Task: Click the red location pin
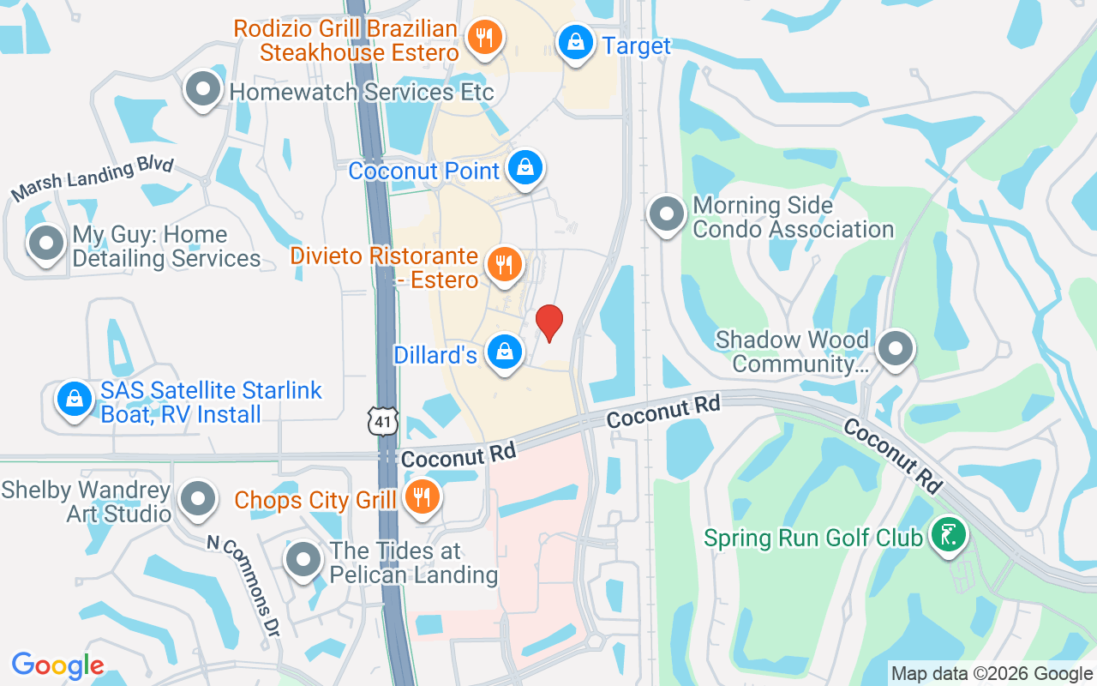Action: [x=548, y=322]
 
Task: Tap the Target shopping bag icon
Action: [x=577, y=41]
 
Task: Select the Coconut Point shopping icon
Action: [x=525, y=167]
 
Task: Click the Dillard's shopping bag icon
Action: [x=505, y=352]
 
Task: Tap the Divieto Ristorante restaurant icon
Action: [x=505, y=264]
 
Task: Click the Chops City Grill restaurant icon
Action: [x=421, y=496]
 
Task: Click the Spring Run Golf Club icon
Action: [x=948, y=535]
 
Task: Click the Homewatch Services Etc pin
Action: [x=203, y=89]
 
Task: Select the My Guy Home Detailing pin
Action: [x=46, y=244]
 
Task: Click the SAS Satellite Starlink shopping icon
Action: [x=75, y=399]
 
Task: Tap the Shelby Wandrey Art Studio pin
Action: [x=199, y=497]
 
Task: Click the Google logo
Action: [x=57, y=665]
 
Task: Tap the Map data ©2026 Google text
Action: [x=992, y=673]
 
